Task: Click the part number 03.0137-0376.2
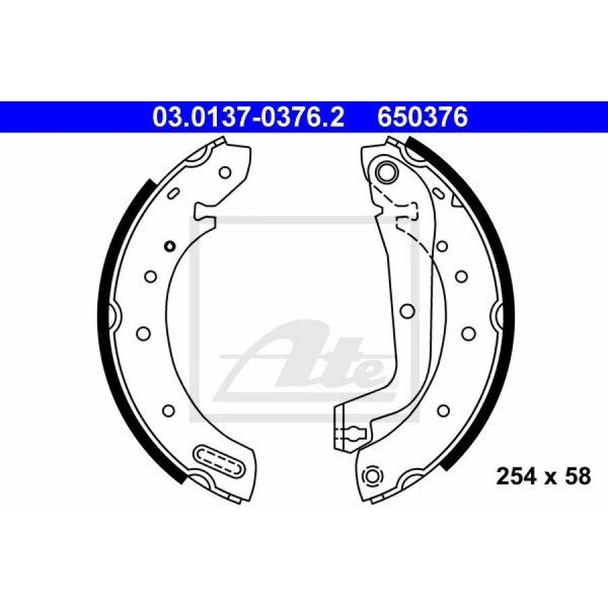tap(249, 118)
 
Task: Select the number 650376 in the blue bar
tap(423, 118)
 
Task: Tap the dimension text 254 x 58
tap(543, 476)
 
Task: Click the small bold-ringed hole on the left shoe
tap(170, 245)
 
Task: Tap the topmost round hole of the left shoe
tap(225, 172)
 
